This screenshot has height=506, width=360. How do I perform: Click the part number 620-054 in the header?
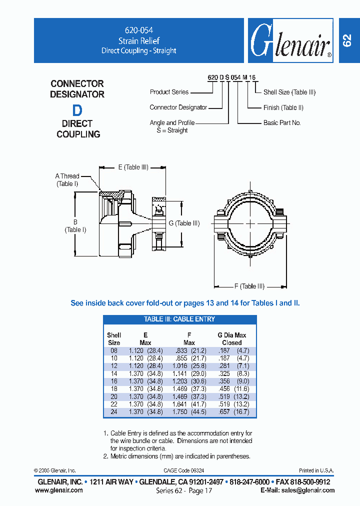(x=138, y=30)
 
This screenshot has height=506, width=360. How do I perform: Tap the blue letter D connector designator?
(x=77, y=110)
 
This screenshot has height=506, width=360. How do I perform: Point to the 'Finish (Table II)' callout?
(x=283, y=107)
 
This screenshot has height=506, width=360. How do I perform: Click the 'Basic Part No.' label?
(x=282, y=122)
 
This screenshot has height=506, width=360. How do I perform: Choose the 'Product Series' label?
(x=169, y=92)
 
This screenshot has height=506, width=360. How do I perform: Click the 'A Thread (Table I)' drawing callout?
(x=67, y=180)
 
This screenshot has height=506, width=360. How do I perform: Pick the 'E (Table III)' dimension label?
(x=133, y=167)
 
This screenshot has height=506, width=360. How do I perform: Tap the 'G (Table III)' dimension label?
(x=184, y=223)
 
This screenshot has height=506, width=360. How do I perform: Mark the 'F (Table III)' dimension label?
(x=249, y=286)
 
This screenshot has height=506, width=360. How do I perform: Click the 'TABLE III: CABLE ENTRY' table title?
(x=179, y=319)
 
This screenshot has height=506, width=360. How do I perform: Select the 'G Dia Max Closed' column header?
(x=231, y=339)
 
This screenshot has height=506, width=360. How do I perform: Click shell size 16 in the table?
(x=113, y=381)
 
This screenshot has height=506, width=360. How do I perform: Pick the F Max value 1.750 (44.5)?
(x=189, y=412)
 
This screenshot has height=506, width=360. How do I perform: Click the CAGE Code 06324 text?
(x=183, y=470)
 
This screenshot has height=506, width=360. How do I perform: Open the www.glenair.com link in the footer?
(x=59, y=490)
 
